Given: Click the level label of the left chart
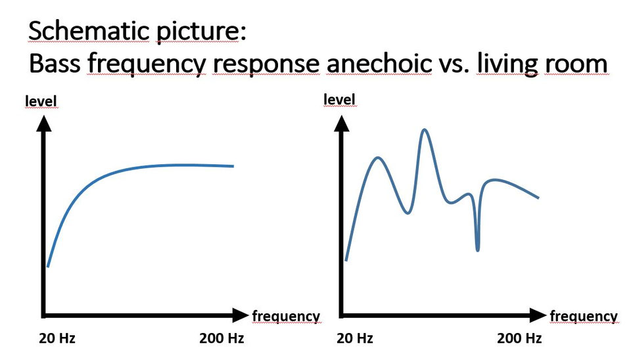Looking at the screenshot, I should [x=41, y=101].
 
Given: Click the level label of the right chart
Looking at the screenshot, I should [x=340, y=100].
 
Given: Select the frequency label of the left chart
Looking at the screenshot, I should [x=286, y=316].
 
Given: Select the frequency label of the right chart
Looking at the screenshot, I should [x=584, y=316].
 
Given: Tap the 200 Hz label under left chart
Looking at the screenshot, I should [x=222, y=339].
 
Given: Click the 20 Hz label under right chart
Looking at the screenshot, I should [x=355, y=339].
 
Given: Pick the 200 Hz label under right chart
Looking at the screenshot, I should [x=519, y=339].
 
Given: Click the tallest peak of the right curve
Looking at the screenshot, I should [x=425, y=130].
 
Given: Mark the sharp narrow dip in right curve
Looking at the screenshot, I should [x=477, y=248].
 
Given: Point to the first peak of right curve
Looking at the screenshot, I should [x=378, y=158].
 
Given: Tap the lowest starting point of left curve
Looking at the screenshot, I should [x=48, y=266].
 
